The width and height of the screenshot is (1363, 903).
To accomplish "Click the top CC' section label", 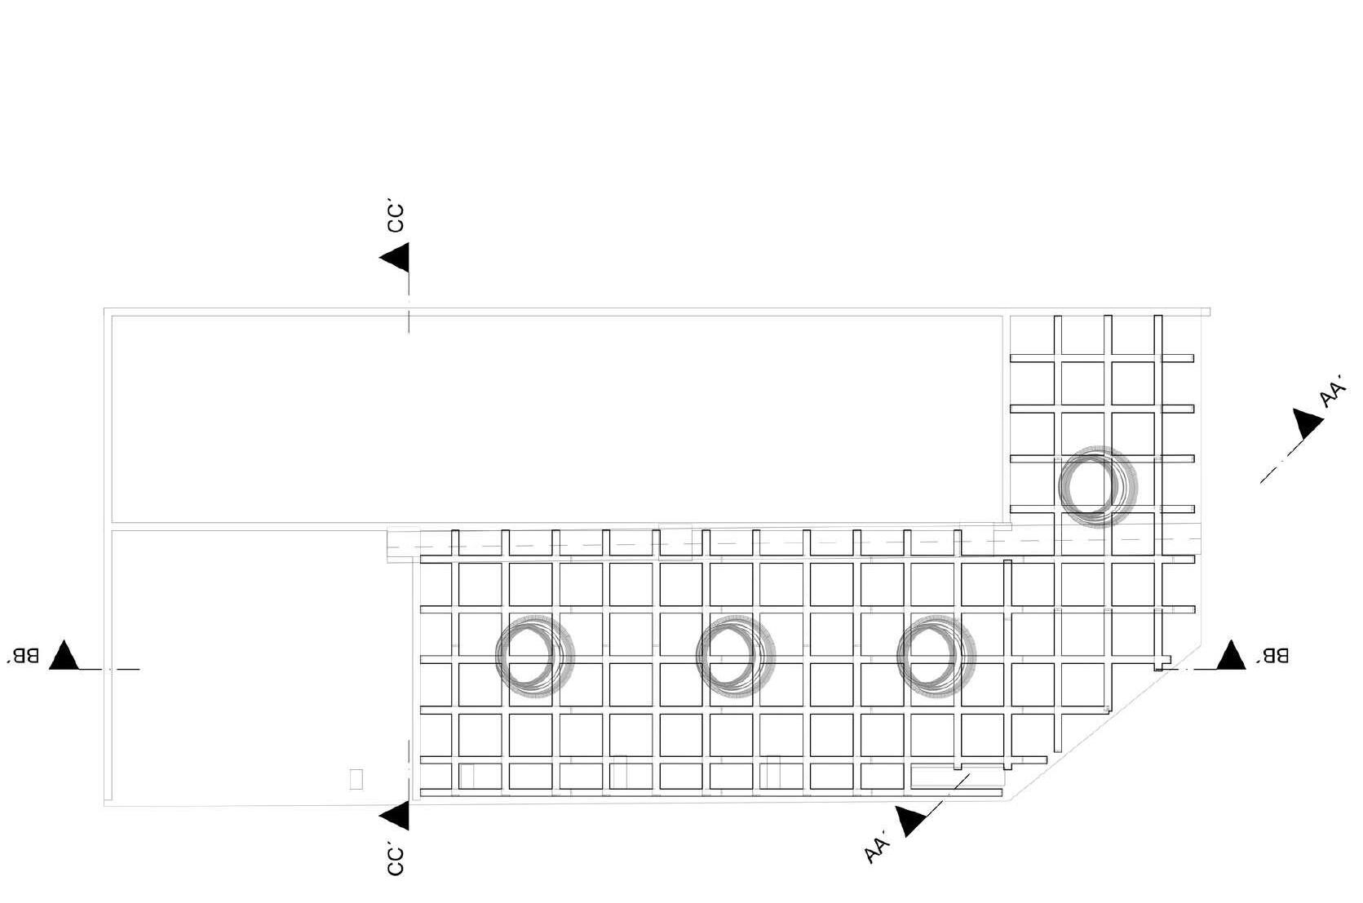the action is pyautogui.click(x=396, y=219).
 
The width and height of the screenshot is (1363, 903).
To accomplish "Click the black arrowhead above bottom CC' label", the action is pyautogui.click(x=396, y=815).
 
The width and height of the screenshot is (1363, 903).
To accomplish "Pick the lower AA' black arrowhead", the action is pyautogui.click(x=910, y=820).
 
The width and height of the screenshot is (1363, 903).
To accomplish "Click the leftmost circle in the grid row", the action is pyautogui.click(x=535, y=654).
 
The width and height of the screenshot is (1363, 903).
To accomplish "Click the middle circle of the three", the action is pyautogui.click(x=735, y=654).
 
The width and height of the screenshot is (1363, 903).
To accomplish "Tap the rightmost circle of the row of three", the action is pyautogui.click(x=936, y=654).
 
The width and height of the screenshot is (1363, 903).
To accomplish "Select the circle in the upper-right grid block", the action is pyautogui.click(x=1097, y=486).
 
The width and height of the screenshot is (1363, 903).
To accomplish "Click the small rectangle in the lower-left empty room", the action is pyautogui.click(x=356, y=779).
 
